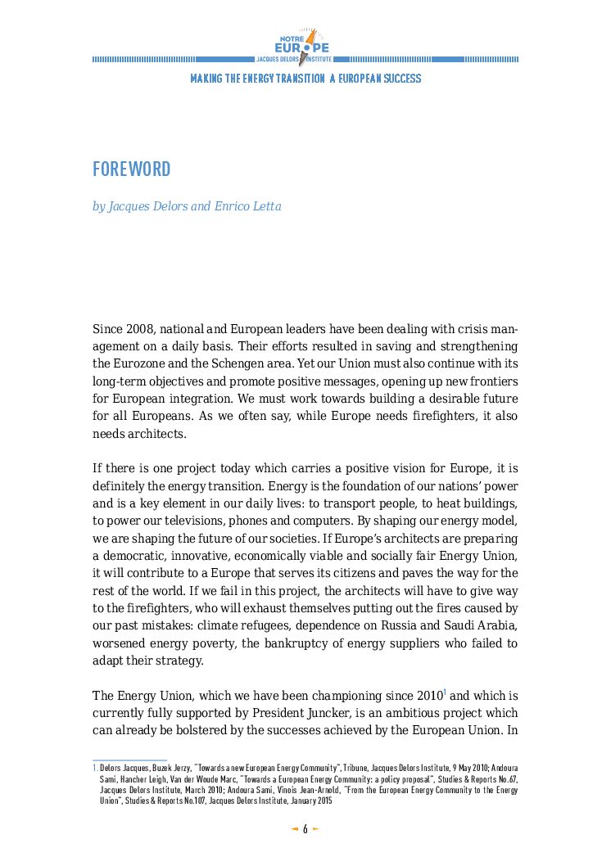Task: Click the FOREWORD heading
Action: tap(131, 169)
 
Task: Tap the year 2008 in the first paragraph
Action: tap(138, 329)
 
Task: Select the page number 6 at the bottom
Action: tap(305, 829)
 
